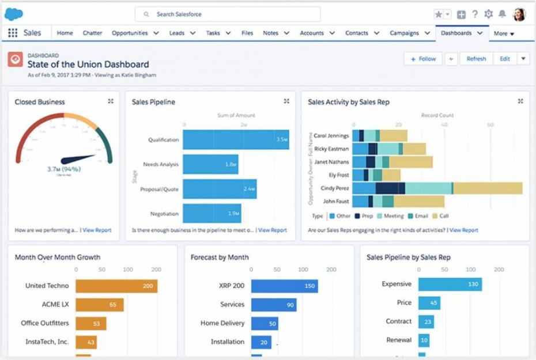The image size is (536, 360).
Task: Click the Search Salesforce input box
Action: (228, 14)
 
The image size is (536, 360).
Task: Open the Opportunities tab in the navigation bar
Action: (130, 33)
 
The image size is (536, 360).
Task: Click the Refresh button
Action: (476, 59)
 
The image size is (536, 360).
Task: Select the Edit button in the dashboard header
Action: (504, 59)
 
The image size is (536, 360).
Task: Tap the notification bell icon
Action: (502, 14)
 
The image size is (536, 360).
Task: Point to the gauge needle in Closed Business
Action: (78, 158)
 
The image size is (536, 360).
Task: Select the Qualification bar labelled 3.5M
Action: (236, 140)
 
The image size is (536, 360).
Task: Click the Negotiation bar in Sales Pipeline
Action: (212, 214)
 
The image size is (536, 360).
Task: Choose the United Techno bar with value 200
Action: (116, 286)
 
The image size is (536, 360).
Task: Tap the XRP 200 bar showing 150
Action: (284, 286)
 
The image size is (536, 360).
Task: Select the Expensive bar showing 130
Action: (450, 284)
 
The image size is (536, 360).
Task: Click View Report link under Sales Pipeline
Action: (272, 230)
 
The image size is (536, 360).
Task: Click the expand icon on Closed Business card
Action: (111, 101)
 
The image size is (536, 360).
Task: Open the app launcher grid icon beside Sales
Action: (13, 33)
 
